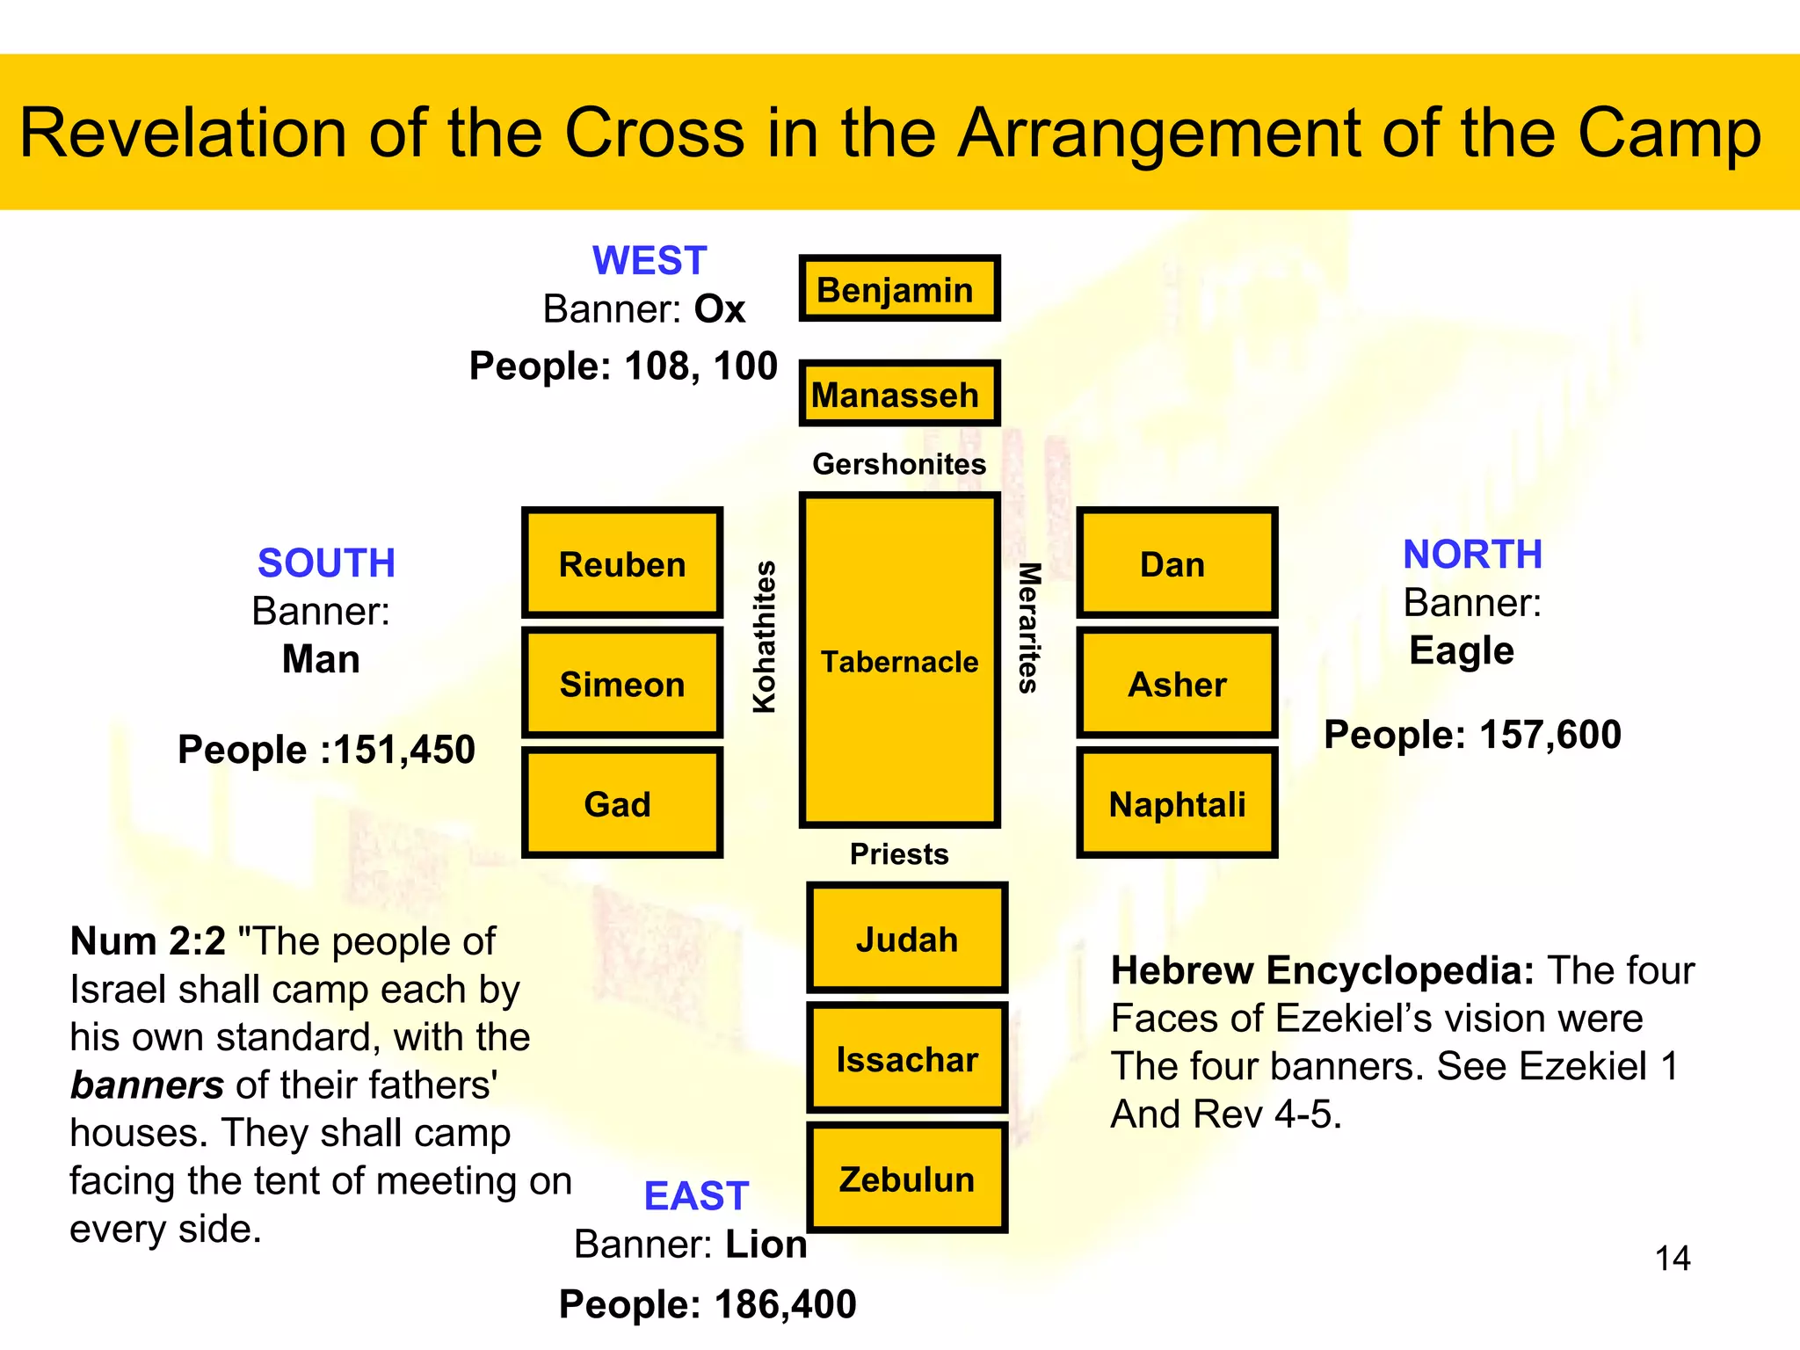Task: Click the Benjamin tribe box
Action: (x=899, y=288)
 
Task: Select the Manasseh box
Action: (x=899, y=394)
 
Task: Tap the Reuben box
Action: (x=622, y=563)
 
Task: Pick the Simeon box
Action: (x=622, y=684)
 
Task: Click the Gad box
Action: (x=622, y=803)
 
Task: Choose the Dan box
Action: (x=1176, y=563)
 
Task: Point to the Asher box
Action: (x=1176, y=684)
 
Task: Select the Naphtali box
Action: (x=1176, y=803)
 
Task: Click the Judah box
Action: (x=907, y=939)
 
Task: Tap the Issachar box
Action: (x=907, y=1059)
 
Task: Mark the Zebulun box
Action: (x=907, y=1179)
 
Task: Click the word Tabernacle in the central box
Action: (x=899, y=662)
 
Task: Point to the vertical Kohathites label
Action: (x=765, y=636)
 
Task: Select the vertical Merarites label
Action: (x=1028, y=628)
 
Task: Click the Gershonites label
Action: (x=899, y=464)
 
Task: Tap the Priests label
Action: (x=899, y=854)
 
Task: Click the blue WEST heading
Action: (x=650, y=261)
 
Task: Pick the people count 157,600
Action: (x=1550, y=735)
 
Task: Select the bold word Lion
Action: (x=766, y=1245)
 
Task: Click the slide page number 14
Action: (x=1672, y=1259)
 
